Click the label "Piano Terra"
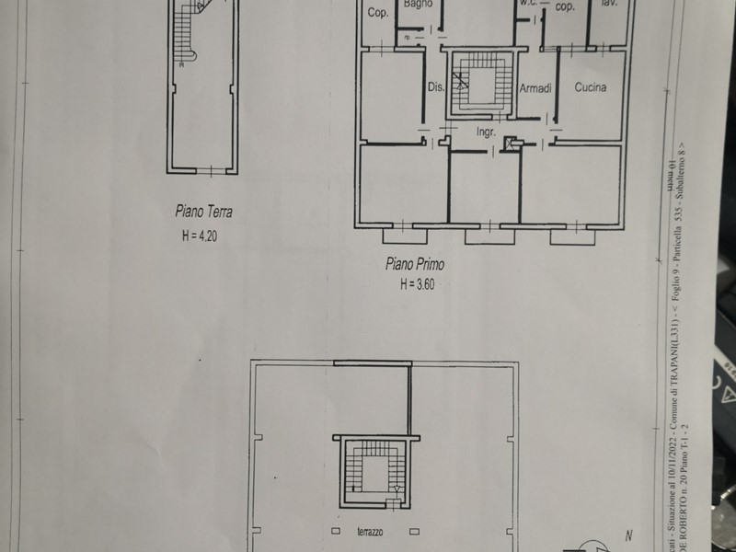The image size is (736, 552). click(204, 211)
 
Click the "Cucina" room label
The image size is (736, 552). click(590, 87)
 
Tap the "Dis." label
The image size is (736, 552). click(436, 88)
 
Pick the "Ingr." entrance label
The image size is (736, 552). click(486, 132)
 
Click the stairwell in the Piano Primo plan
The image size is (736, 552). click(478, 84)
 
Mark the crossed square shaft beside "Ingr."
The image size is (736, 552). click(512, 143)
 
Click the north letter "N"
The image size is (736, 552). click(628, 535)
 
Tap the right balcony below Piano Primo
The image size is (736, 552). click(572, 236)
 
